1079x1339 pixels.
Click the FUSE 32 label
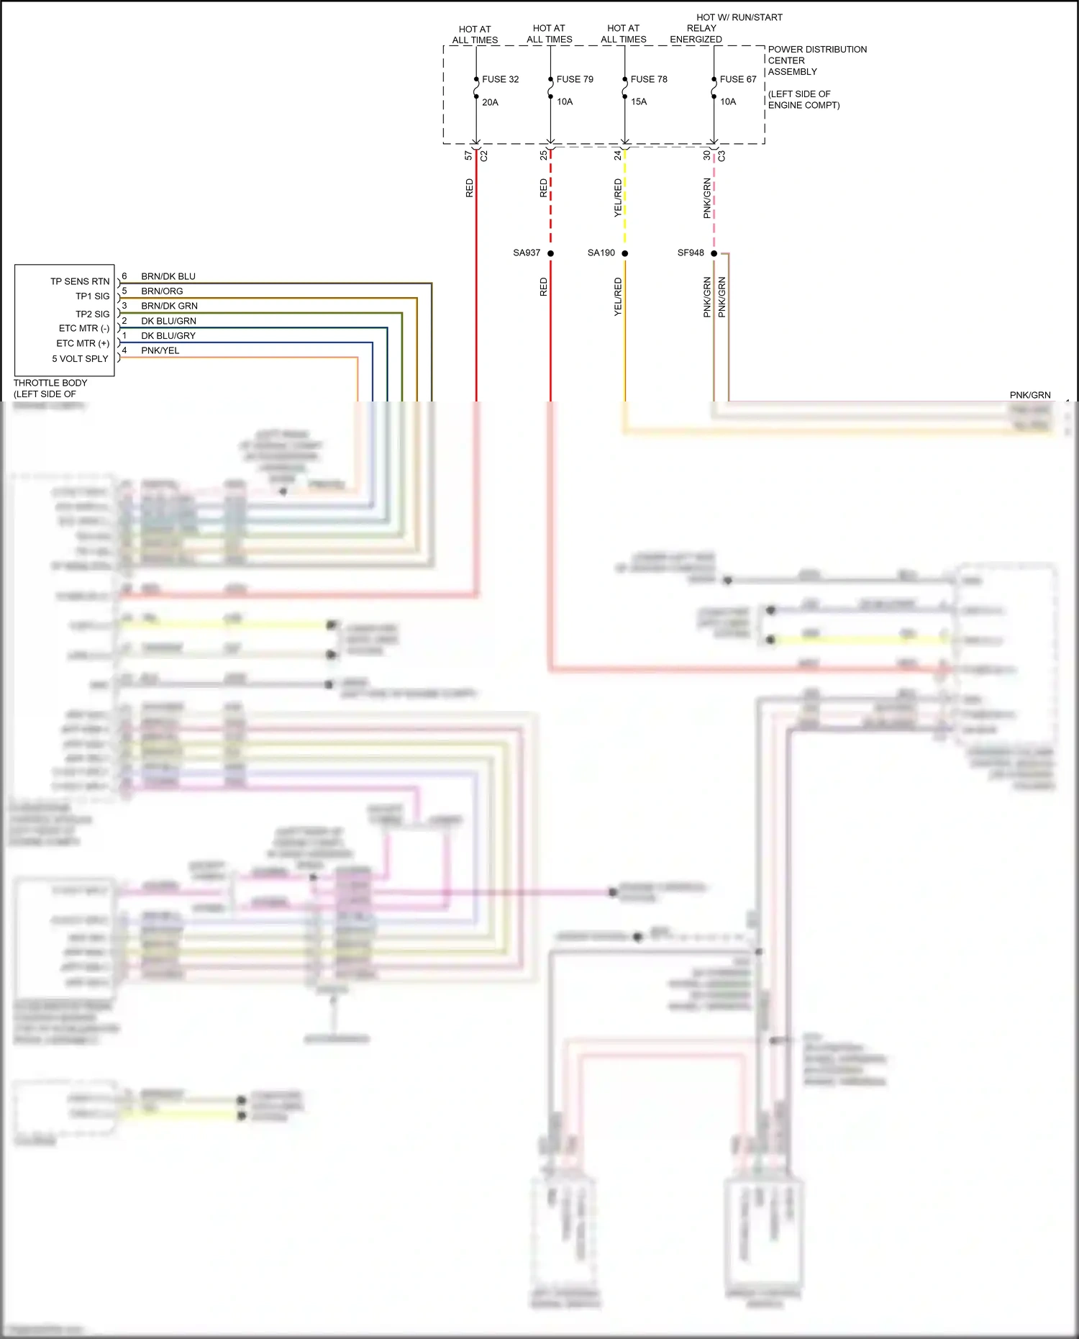pyautogui.click(x=500, y=79)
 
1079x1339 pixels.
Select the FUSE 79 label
pyautogui.click(x=575, y=79)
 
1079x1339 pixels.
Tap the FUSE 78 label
pyautogui.click(x=649, y=79)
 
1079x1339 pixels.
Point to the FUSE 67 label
pyautogui.click(x=738, y=79)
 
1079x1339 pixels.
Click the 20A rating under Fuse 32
pyautogui.click(x=490, y=102)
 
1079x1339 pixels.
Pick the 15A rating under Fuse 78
pyautogui.click(x=639, y=101)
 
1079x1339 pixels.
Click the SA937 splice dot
pyautogui.click(x=550, y=253)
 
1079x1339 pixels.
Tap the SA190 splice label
pyautogui.click(x=601, y=253)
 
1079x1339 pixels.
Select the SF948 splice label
pyautogui.click(x=691, y=253)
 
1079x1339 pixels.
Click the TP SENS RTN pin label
pyautogui.click(x=80, y=281)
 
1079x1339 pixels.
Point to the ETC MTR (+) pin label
pyautogui.click(x=83, y=343)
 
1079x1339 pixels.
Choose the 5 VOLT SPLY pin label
pyautogui.click(x=80, y=358)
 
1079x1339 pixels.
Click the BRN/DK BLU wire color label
pyautogui.click(x=168, y=276)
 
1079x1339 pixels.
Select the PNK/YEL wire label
pyautogui.click(x=160, y=350)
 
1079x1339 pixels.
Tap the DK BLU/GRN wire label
pyautogui.click(x=168, y=321)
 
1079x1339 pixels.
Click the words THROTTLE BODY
pyautogui.click(x=50, y=383)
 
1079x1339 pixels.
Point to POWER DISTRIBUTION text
pyautogui.click(x=817, y=50)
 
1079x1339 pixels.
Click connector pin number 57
pyautogui.click(x=468, y=155)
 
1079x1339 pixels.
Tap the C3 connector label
pyautogui.click(x=721, y=155)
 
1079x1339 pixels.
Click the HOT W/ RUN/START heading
pyautogui.click(x=739, y=17)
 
